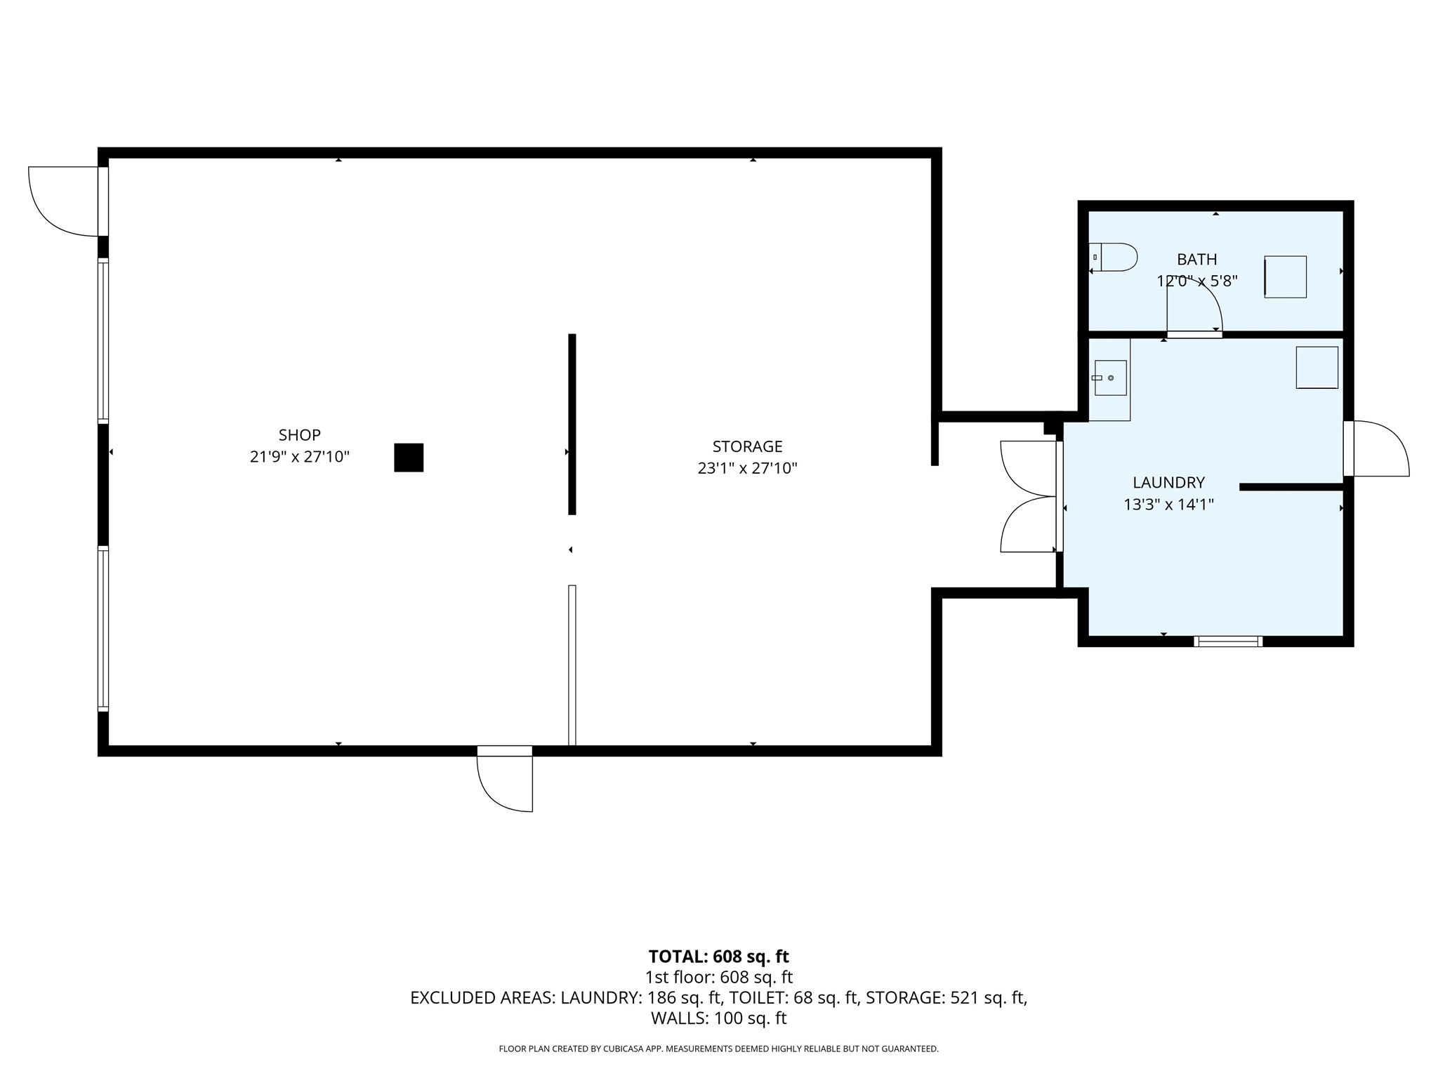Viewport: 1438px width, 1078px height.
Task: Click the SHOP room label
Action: [x=299, y=434]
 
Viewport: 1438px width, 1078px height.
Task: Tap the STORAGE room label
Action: [x=747, y=446]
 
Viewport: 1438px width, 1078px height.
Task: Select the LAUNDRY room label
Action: [x=1168, y=482]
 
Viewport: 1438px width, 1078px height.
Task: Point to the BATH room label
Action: [x=1197, y=259]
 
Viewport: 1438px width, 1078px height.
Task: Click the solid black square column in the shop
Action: [x=409, y=458]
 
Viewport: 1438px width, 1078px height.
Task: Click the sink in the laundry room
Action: [x=1110, y=378]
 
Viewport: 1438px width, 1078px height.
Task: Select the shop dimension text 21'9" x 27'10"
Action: [x=300, y=457]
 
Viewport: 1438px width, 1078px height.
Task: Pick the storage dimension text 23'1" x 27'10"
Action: [x=747, y=468]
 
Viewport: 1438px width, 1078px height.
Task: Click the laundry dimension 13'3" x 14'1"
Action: [x=1168, y=504]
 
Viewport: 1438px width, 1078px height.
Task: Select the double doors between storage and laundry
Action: [x=1029, y=497]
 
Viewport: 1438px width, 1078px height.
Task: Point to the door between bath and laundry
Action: [x=1194, y=316]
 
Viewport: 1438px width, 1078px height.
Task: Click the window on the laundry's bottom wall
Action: [x=1228, y=641]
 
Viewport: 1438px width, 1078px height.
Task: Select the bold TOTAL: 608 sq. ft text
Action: [x=718, y=957]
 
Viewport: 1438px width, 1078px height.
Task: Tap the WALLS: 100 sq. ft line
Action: [x=718, y=1018]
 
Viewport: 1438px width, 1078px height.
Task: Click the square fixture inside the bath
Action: [x=1285, y=277]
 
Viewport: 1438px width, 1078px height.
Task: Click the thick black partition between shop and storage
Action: [x=572, y=424]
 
